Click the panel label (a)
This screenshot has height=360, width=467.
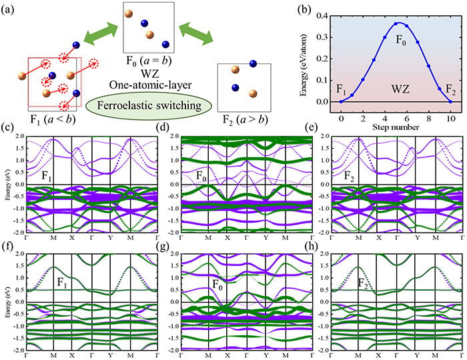12,9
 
